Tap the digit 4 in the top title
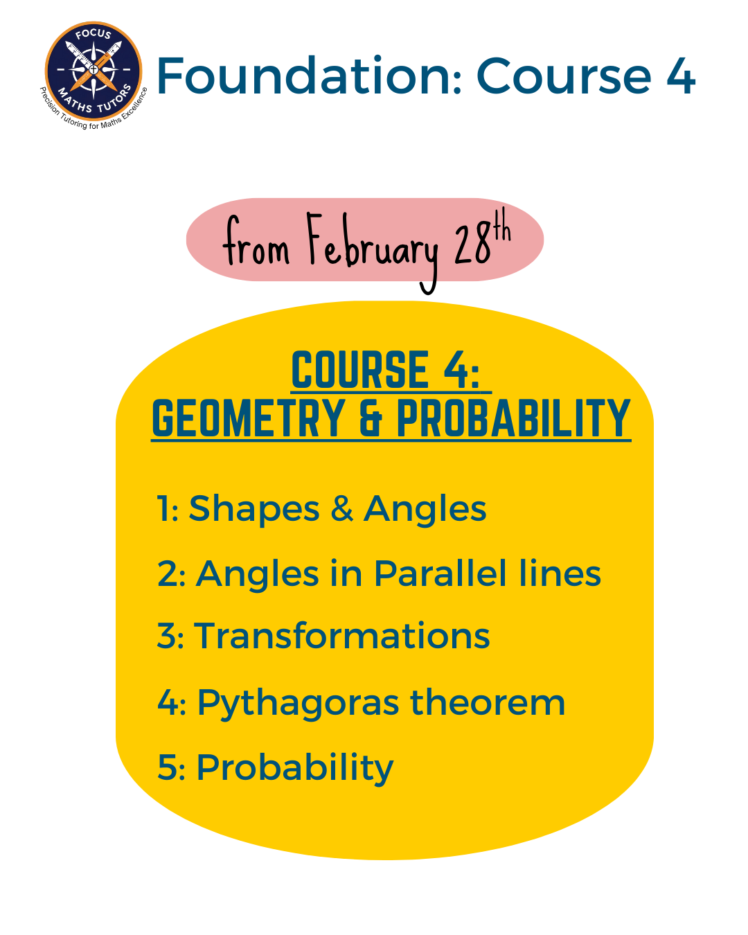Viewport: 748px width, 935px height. [681, 76]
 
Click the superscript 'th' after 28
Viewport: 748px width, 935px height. [501, 225]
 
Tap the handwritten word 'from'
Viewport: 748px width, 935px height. [256, 241]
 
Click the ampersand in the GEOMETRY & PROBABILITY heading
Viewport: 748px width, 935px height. [371, 418]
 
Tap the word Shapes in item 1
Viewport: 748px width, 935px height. [253, 509]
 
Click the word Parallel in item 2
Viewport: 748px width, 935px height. [440, 573]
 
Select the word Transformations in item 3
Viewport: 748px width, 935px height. [341, 636]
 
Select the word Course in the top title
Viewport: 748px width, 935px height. [564, 76]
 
